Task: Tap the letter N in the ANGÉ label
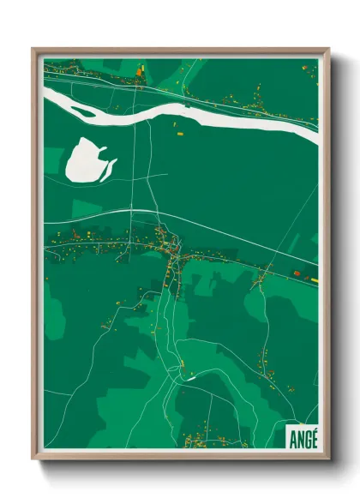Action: (297, 437)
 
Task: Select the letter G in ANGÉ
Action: (305, 437)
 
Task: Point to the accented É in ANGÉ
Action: (313, 436)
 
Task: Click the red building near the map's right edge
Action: (297, 273)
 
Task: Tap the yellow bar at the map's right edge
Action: (314, 279)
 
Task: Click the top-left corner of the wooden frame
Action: (33, 50)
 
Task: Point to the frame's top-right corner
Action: (328, 50)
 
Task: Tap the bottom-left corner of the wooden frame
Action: (33, 458)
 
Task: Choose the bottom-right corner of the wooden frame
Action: (328, 458)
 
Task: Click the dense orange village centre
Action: (176, 249)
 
